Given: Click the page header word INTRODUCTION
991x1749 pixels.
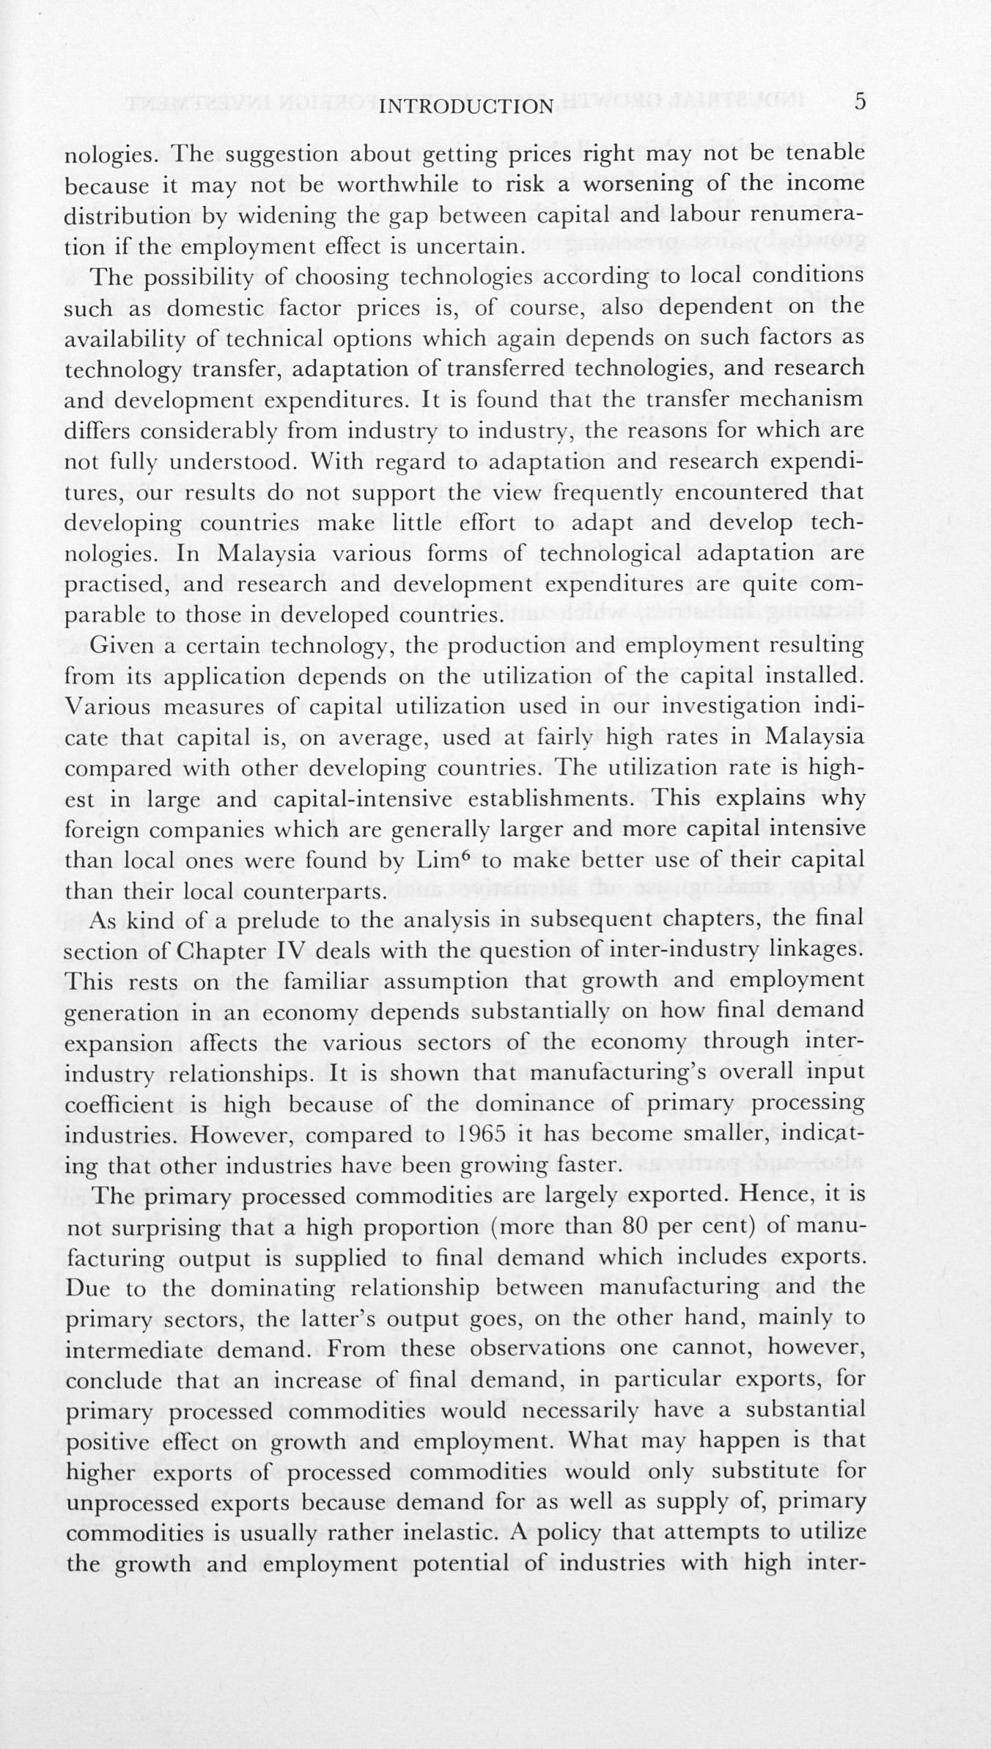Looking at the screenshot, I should click(469, 107).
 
